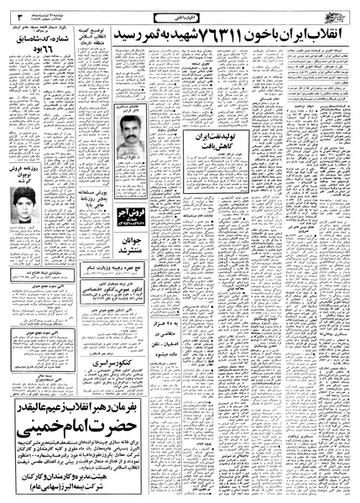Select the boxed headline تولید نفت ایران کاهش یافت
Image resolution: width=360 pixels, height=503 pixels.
[x=211, y=138]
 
